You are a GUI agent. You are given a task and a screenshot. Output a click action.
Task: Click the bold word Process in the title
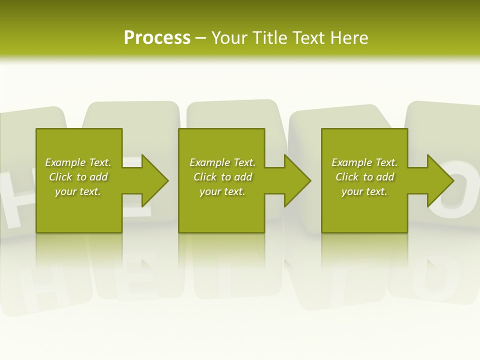(157, 38)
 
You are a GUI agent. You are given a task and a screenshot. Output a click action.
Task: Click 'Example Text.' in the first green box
(78, 162)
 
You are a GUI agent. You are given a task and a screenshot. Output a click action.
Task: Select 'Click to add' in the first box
(78, 177)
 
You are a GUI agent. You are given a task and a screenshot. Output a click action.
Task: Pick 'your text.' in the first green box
(78, 191)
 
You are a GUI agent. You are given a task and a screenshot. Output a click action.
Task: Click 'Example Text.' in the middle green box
(222, 162)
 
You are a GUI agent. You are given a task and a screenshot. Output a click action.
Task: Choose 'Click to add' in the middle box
(222, 177)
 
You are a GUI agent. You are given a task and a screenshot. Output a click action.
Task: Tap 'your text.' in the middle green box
(222, 191)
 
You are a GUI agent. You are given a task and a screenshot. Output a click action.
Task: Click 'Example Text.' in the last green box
(364, 162)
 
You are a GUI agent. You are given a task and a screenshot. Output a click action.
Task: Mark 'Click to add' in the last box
(364, 177)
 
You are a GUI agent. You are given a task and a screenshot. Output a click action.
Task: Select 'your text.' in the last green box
(364, 191)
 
